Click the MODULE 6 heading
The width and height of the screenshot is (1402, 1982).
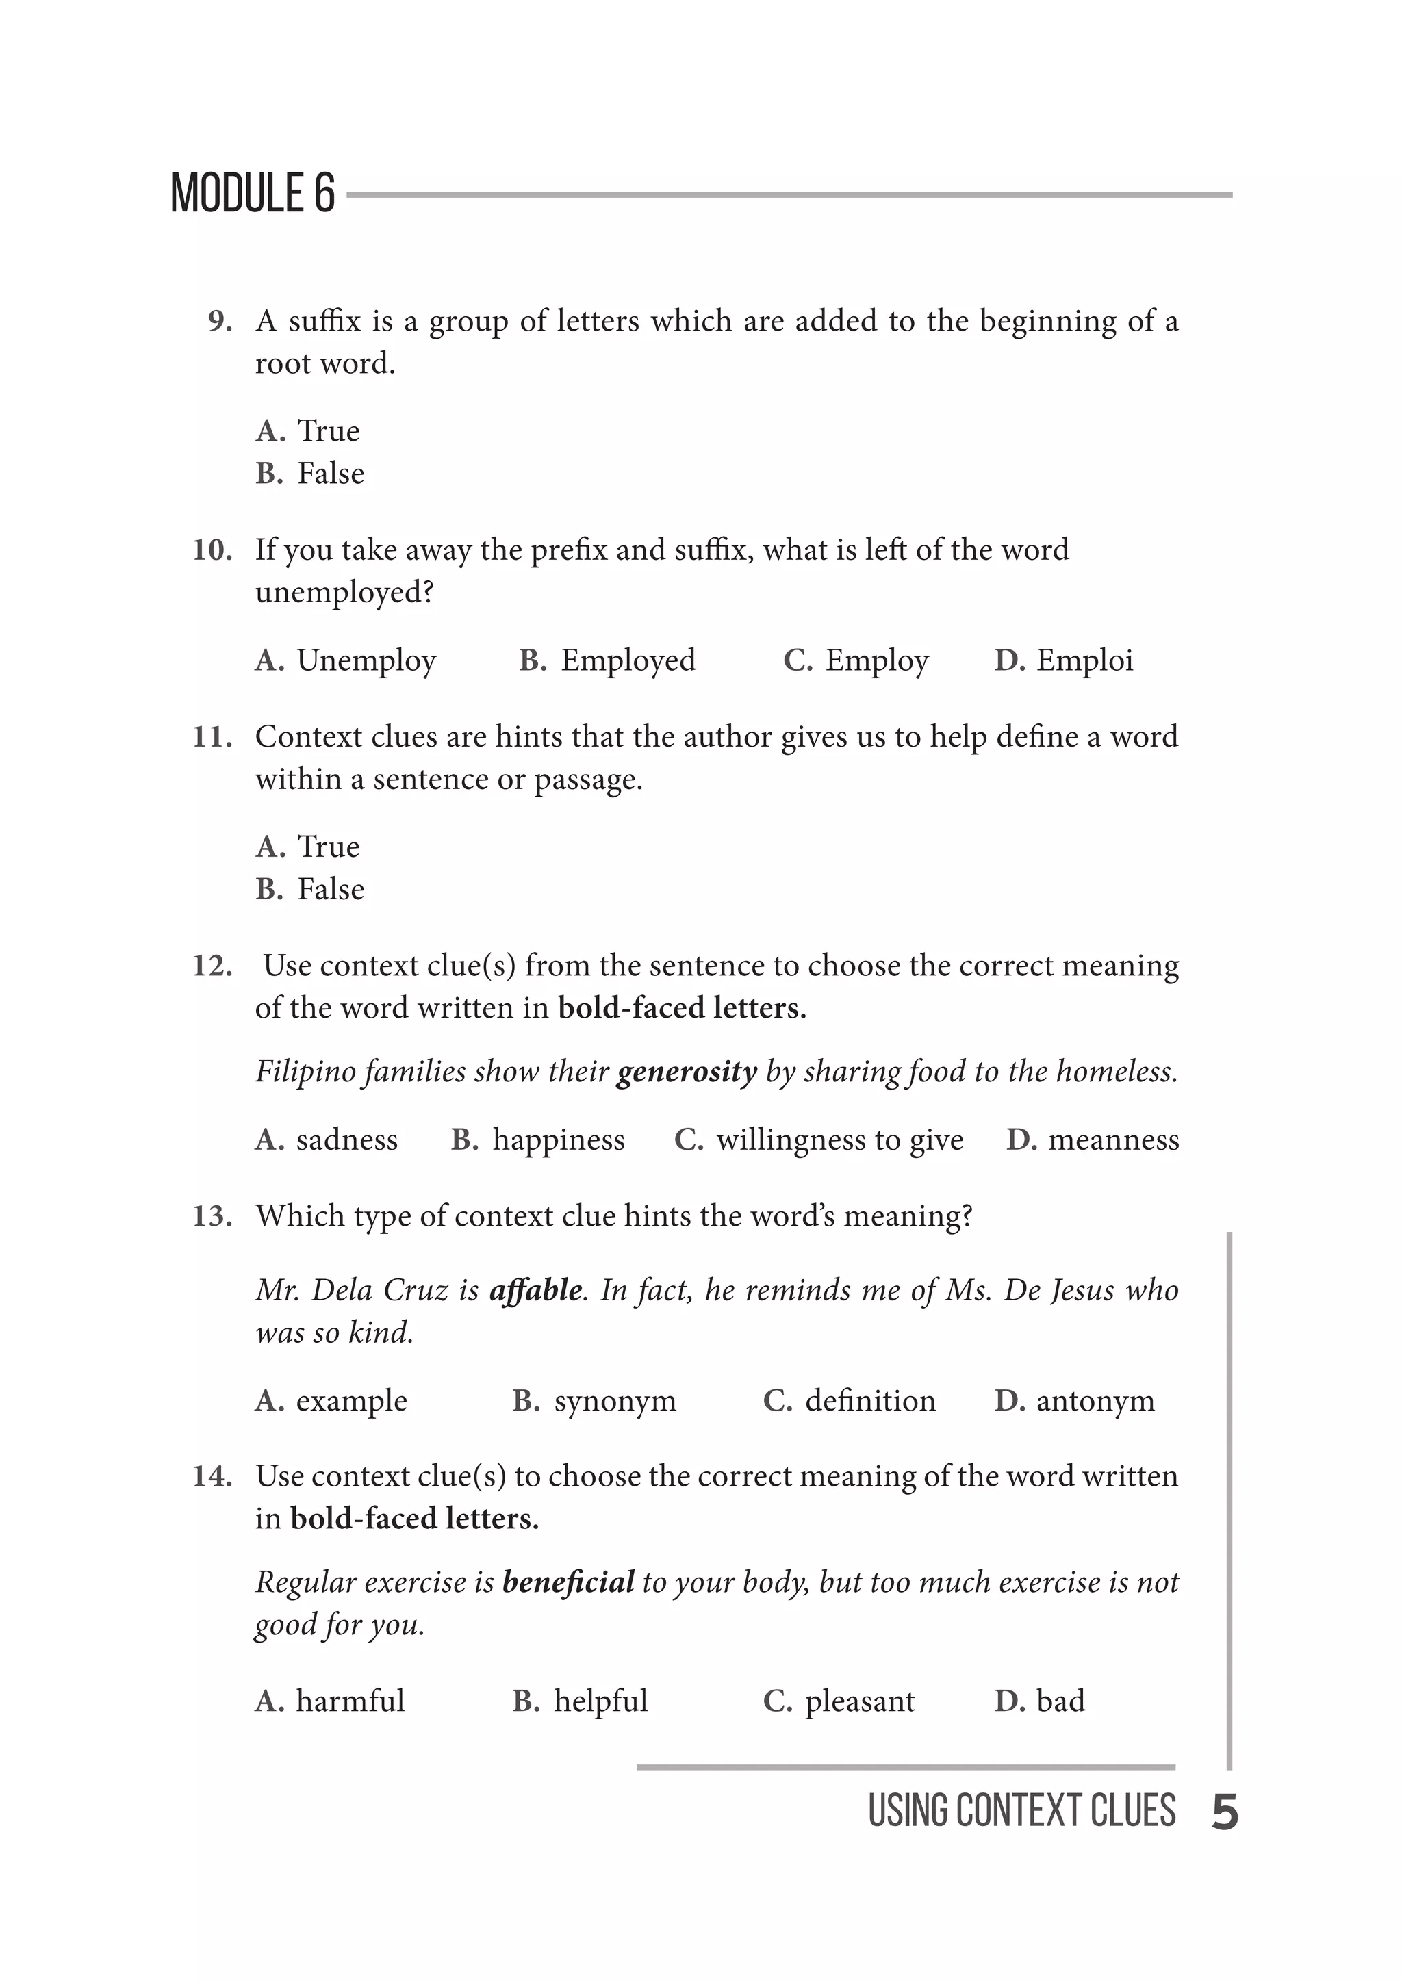[x=252, y=194]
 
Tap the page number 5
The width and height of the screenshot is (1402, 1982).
[x=1224, y=1812]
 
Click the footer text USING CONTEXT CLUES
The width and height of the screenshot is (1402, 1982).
[x=1021, y=1811]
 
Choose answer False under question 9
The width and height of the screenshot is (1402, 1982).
[x=330, y=474]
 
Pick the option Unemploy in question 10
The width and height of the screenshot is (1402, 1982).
[x=366, y=661]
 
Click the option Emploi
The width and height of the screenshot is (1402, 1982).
[x=1084, y=661]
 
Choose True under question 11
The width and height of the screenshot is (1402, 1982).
[x=328, y=847]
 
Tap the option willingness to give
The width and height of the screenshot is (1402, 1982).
[x=839, y=1140]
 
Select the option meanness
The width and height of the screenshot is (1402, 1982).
[x=1113, y=1140]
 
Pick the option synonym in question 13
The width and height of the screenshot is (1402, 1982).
[x=615, y=1401]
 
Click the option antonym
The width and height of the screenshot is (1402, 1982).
[x=1095, y=1401]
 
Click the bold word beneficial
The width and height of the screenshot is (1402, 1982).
[x=568, y=1582]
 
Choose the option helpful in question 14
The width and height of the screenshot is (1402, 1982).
[x=600, y=1701]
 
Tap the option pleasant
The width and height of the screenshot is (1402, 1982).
[x=859, y=1701]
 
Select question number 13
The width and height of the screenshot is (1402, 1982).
[x=212, y=1216]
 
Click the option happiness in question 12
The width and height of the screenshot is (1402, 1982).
[x=558, y=1140]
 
